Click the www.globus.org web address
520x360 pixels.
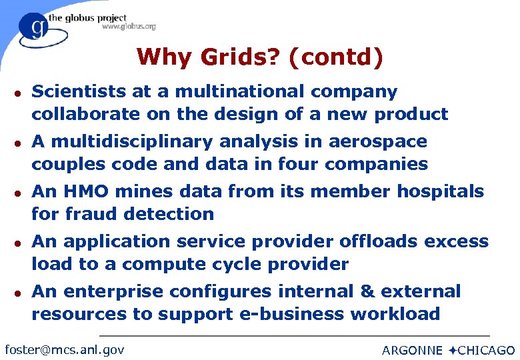pos(129,27)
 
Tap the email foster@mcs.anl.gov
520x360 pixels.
pos(64,349)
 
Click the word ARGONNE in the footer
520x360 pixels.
pos(412,350)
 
